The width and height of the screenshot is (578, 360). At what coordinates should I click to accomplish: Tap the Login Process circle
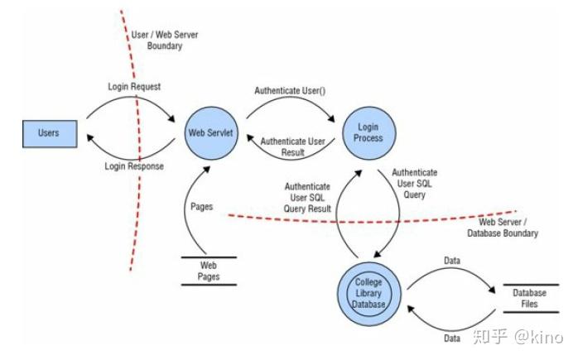(x=368, y=132)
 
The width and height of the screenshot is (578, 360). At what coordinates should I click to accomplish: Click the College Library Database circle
(x=368, y=293)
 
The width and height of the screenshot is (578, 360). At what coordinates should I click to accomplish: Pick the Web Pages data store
(x=209, y=271)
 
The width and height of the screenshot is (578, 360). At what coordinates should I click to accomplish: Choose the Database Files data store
(x=529, y=299)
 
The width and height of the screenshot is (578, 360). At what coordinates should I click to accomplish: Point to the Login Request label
(x=133, y=86)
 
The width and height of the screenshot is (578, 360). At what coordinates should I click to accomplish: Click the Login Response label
(x=133, y=166)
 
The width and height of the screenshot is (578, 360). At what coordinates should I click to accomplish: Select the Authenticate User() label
(x=289, y=91)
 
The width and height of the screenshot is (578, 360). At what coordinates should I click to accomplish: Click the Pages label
(x=202, y=205)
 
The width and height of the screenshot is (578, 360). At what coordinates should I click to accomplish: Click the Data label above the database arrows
(x=450, y=260)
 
